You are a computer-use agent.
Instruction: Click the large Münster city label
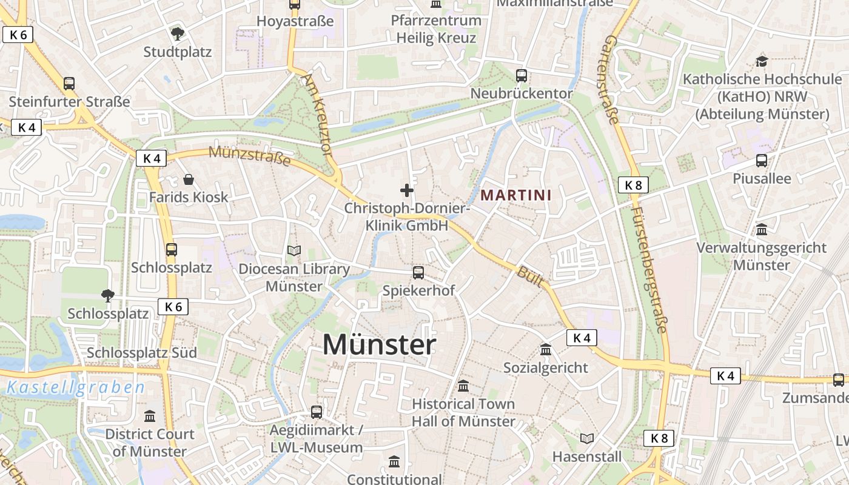point(379,345)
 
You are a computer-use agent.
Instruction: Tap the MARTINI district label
point(516,195)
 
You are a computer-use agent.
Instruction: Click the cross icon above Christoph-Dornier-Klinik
point(407,190)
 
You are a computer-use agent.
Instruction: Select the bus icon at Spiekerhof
point(418,273)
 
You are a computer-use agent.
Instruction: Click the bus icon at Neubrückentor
point(522,76)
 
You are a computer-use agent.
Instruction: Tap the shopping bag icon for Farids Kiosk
point(189,179)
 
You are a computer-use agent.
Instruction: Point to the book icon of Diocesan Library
point(294,250)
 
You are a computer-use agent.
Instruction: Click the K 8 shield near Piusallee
point(633,186)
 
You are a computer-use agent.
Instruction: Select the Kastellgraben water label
point(76,388)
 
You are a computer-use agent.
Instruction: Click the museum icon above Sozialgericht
point(546,350)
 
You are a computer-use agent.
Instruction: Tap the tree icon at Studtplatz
point(177,33)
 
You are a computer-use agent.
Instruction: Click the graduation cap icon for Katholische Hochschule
point(762,61)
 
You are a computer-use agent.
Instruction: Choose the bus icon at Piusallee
point(762,161)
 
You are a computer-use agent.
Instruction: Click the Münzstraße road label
point(250,157)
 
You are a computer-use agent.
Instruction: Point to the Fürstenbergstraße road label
point(649,270)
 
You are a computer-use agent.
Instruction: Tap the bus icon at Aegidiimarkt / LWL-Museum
point(317,412)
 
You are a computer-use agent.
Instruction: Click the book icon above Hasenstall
point(587,438)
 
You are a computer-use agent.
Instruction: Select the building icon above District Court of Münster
point(150,416)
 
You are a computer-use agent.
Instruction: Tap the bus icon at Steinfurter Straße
point(69,84)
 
